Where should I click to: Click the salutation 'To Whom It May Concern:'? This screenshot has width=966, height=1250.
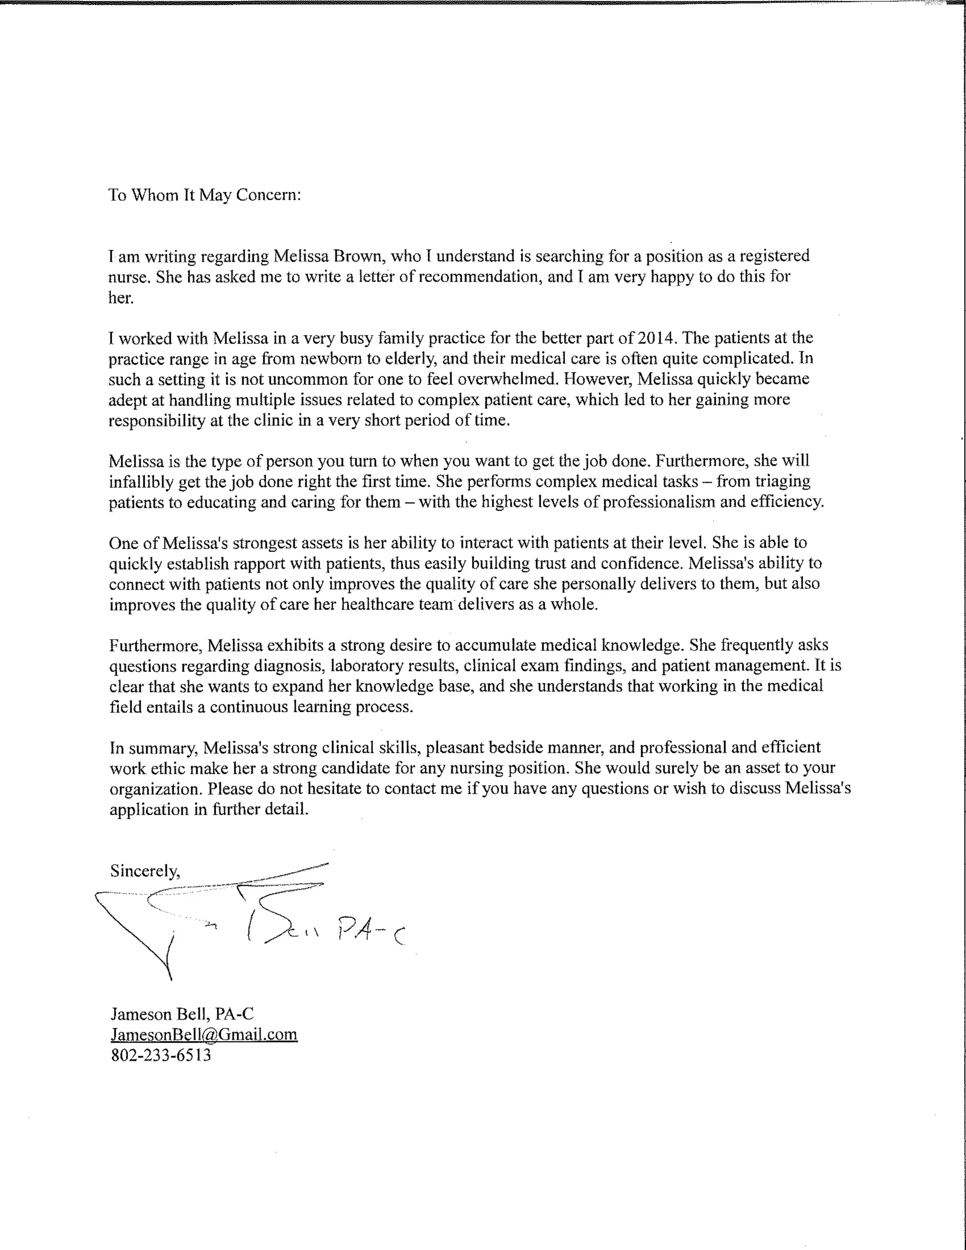coord(204,195)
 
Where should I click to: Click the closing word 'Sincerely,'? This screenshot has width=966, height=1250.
coord(145,871)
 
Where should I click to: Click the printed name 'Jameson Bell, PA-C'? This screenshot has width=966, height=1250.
coord(182,1014)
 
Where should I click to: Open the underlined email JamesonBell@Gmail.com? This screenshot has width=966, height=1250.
coord(204,1034)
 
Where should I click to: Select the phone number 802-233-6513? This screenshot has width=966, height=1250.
coord(161,1055)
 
